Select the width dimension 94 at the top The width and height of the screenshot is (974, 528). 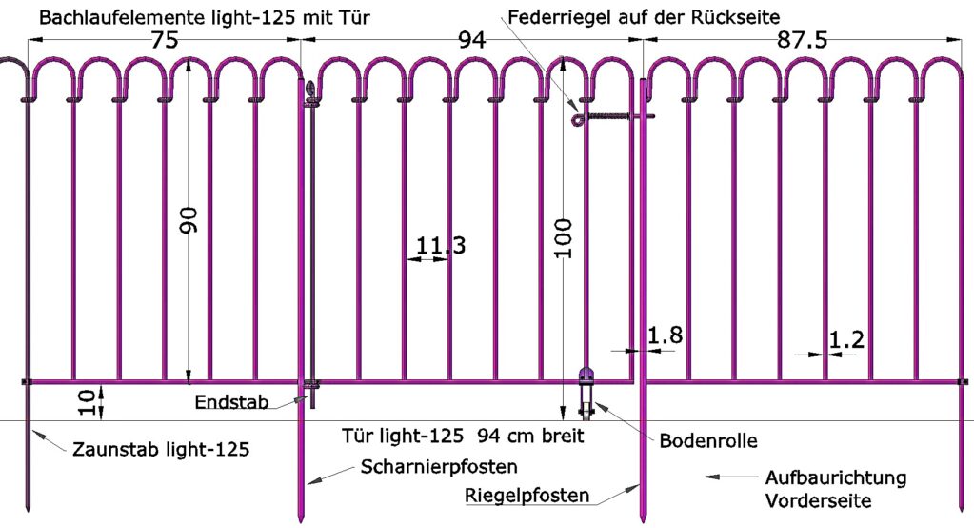click(x=471, y=40)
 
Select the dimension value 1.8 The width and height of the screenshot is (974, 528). click(x=665, y=335)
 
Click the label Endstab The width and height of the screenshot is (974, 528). click(x=227, y=401)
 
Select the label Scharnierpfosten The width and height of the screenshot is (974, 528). click(x=439, y=467)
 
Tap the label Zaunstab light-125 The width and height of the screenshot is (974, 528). click(x=161, y=450)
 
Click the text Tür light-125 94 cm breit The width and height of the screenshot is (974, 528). click(x=462, y=437)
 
